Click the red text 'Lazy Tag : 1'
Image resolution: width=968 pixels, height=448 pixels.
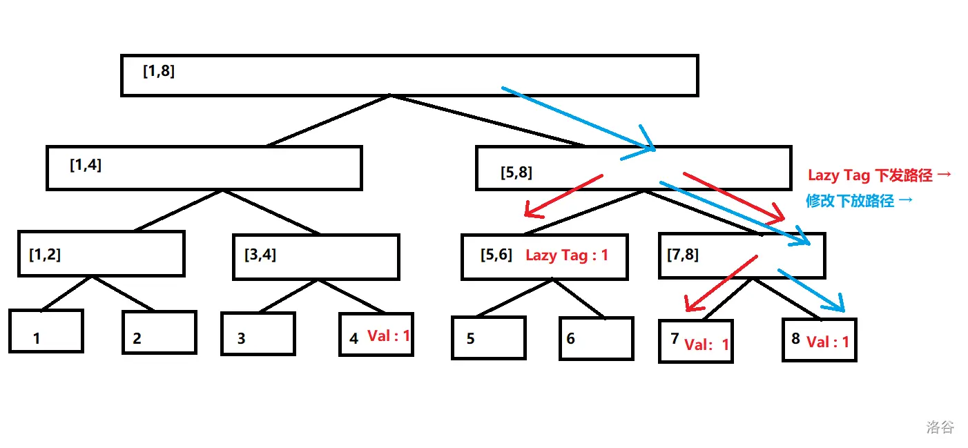pyautogui.click(x=567, y=255)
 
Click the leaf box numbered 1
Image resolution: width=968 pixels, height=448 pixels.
pyautogui.click(x=46, y=331)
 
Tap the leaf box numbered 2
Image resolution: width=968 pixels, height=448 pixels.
pyautogui.click(x=159, y=333)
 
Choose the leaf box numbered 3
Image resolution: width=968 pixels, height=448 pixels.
pyautogui.click(x=258, y=334)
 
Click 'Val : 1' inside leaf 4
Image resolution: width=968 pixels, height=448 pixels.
pyautogui.click(x=389, y=336)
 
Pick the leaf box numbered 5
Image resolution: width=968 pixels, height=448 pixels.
pyautogui.click(x=489, y=338)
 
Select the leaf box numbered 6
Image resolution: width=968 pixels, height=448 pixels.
pyautogui.click(x=596, y=338)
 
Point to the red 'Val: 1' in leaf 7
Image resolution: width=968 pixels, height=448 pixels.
pyautogui.click(x=706, y=344)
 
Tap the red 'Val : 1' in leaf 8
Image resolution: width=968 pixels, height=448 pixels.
pyautogui.click(x=828, y=342)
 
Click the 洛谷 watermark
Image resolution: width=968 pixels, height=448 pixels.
pyautogui.click(x=940, y=427)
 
